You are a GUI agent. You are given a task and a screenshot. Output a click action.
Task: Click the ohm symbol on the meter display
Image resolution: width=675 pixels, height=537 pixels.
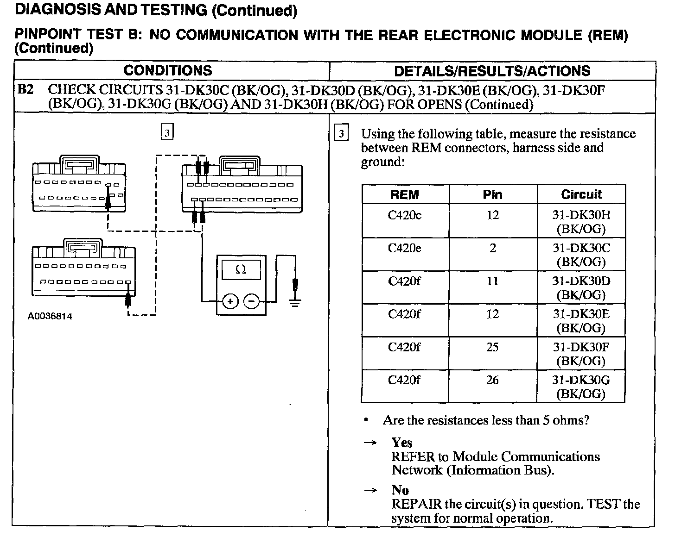click(x=241, y=269)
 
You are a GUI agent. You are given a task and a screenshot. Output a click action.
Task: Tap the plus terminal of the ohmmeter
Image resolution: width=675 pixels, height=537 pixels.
click(x=230, y=301)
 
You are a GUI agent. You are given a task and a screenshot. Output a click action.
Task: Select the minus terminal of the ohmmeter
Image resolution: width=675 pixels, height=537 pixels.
click(x=252, y=301)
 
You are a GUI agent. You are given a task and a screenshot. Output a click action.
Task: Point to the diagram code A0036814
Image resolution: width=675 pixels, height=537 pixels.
click(x=50, y=317)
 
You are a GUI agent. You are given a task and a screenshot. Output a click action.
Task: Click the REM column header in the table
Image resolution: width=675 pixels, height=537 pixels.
click(x=405, y=194)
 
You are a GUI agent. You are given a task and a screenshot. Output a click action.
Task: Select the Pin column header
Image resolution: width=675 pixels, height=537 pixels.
click(x=492, y=194)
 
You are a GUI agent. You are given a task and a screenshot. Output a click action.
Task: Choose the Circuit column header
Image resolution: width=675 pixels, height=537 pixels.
click(x=581, y=194)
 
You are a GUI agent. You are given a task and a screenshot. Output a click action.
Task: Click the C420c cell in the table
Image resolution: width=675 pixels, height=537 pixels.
click(x=405, y=215)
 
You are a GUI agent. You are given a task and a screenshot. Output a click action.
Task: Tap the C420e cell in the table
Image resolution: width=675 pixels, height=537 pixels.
click(x=405, y=248)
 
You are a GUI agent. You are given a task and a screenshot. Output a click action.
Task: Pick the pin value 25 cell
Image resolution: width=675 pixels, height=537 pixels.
click(x=492, y=347)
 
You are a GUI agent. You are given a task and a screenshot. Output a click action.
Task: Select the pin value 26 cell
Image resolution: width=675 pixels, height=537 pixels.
click(x=492, y=380)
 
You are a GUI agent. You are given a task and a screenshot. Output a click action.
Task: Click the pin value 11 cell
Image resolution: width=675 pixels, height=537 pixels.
click(x=492, y=281)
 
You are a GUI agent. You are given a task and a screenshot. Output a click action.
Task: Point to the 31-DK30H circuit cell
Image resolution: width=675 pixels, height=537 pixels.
click(x=581, y=221)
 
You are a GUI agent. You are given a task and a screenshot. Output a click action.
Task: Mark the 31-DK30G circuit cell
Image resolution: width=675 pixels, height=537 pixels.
click(x=581, y=387)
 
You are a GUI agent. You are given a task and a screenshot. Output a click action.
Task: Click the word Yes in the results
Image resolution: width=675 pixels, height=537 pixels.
click(x=401, y=443)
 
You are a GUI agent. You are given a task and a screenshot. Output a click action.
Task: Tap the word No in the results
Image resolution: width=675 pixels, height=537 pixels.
click(x=400, y=490)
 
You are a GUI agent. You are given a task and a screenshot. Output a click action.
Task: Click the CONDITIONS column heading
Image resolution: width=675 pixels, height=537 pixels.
click(x=168, y=70)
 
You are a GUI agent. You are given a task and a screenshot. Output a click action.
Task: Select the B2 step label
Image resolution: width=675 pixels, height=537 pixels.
click(x=26, y=89)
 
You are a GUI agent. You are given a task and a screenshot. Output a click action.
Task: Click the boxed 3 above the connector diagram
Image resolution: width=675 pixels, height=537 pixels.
click(x=167, y=133)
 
